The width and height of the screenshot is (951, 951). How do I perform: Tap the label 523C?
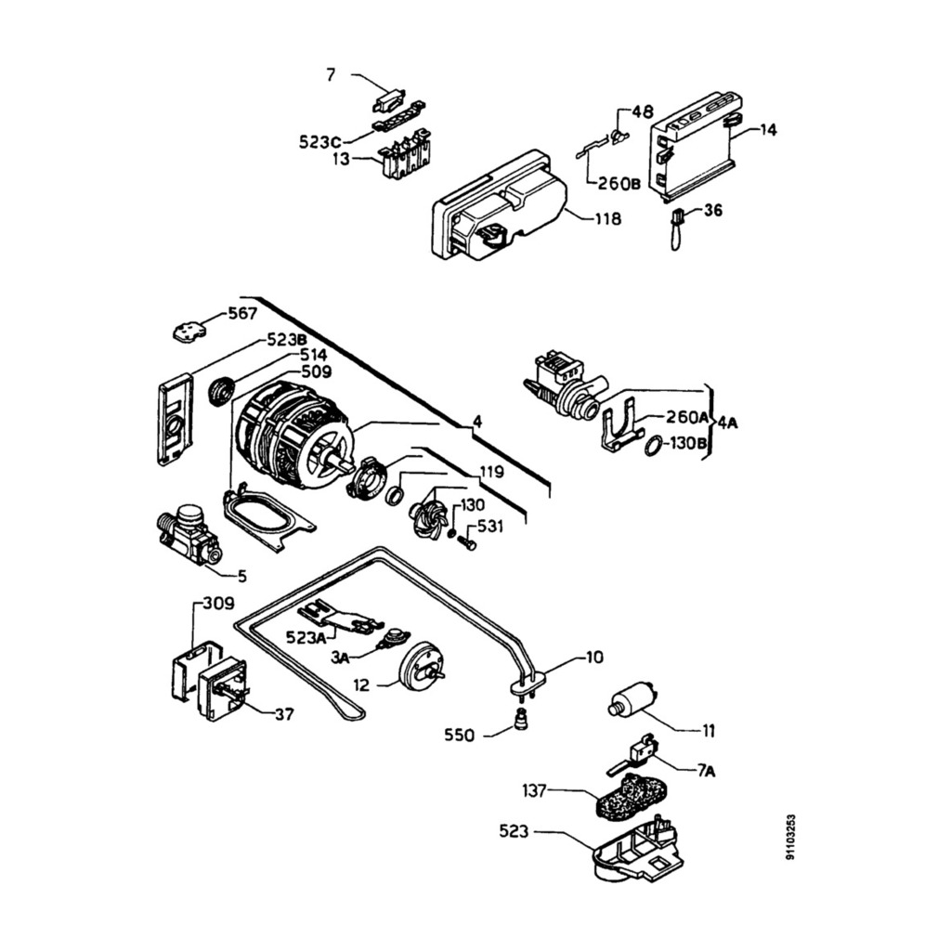click(319, 142)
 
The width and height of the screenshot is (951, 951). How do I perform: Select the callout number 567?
click(242, 314)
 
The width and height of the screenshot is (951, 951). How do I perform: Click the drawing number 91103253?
click(789, 838)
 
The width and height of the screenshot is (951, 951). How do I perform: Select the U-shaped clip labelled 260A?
click(619, 423)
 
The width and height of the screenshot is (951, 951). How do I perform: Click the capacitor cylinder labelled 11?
click(632, 700)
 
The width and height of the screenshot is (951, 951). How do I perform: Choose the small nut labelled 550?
click(520, 720)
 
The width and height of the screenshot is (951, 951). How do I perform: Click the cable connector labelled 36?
click(677, 228)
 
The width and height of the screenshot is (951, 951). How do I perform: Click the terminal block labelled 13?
click(403, 155)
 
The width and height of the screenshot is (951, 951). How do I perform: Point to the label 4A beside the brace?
click(728, 423)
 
